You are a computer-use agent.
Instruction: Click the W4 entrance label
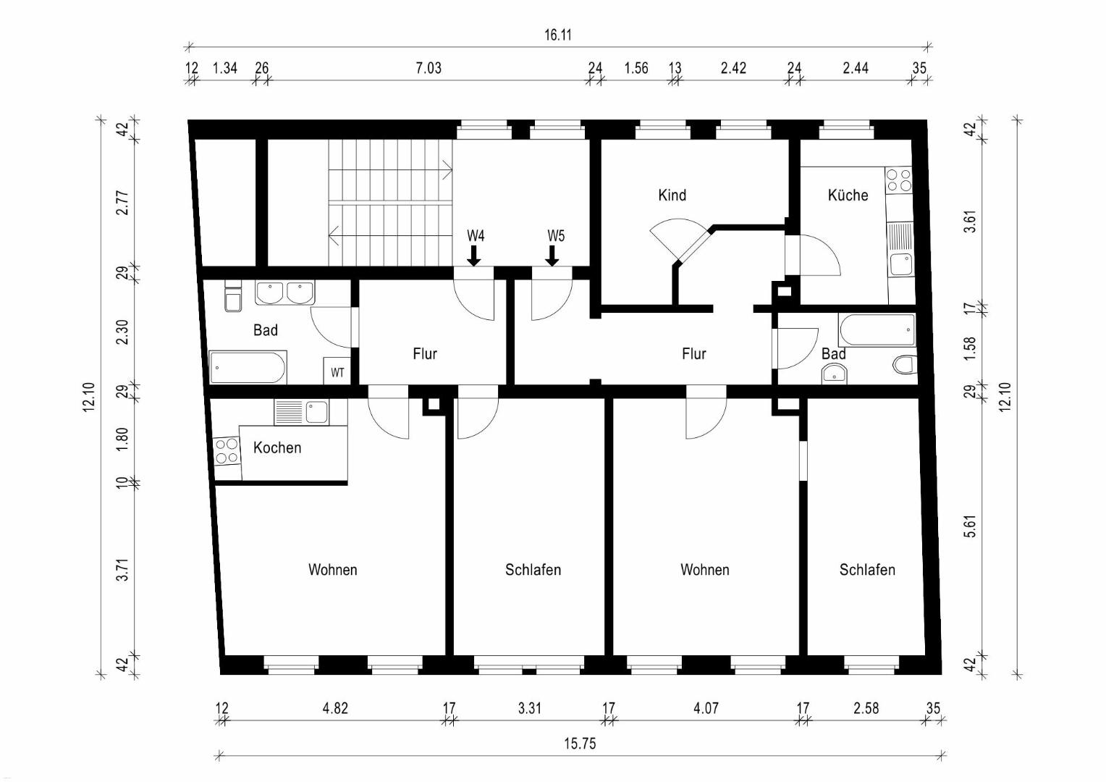pos(476,236)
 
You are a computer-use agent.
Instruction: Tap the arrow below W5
pos(552,256)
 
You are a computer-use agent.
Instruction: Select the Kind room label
pos(672,195)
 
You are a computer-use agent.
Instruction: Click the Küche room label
pos(848,195)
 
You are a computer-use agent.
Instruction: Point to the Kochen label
pos(277,447)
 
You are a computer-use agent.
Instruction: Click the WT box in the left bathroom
pos(337,371)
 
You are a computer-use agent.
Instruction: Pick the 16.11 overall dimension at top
pos(558,35)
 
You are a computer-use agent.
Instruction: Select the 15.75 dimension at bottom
pos(581,744)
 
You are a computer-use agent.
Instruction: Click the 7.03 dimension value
pos(428,67)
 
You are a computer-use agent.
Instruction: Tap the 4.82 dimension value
pos(335,708)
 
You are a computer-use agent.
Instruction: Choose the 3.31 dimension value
pos(530,708)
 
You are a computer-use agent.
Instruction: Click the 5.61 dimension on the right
pos(971,526)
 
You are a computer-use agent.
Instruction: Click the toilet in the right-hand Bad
pos(905,364)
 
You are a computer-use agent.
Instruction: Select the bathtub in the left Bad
pos(248,367)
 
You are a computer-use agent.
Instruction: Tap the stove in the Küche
pos(899,180)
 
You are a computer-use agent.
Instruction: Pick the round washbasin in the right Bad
pos(834,374)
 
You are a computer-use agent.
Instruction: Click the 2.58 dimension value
pos(866,708)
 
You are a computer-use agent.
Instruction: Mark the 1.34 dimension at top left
pos(224,67)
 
